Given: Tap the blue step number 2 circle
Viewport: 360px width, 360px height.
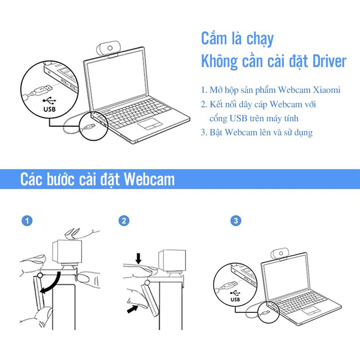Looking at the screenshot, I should (x=124, y=221).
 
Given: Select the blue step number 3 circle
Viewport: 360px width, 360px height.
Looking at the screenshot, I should (x=236, y=221).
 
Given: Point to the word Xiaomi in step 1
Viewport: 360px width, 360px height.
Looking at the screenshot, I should (x=327, y=90).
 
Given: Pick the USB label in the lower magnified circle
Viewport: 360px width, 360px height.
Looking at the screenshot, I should (x=235, y=299).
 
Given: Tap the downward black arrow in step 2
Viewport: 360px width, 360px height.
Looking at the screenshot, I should (x=138, y=258).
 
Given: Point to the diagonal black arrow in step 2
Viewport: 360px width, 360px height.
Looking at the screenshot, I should (x=133, y=308).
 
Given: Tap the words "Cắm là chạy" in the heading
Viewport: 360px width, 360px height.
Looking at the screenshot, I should (x=237, y=39).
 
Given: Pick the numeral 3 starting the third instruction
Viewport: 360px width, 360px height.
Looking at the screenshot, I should (x=203, y=133).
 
